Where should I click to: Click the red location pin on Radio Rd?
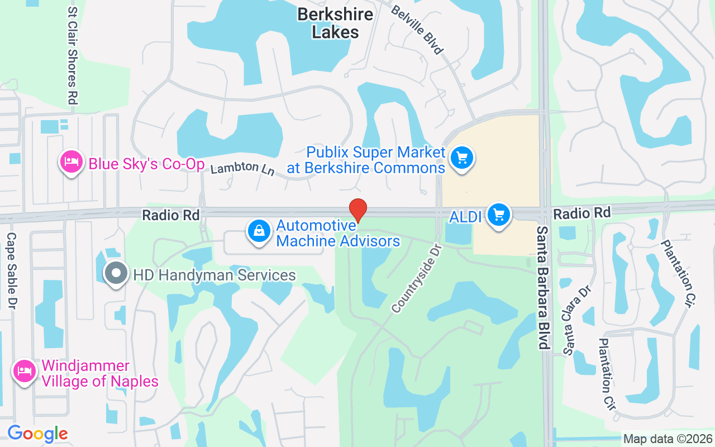(x=358, y=210)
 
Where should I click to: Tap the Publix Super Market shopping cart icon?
(x=461, y=158)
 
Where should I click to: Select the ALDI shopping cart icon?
(x=499, y=215)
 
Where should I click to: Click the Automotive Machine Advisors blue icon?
(x=259, y=230)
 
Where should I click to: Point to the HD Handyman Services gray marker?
(x=116, y=274)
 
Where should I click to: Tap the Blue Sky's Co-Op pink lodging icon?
(x=71, y=163)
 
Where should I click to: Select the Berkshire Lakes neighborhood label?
(x=335, y=23)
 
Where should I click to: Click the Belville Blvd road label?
(x=417, y=30)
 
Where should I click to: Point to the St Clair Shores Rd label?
(x=72, y=56)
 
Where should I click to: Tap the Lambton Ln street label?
(x=242, y=168)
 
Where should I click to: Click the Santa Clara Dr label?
(x=577, y=321)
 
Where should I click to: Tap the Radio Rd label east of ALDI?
(x=581, y=212)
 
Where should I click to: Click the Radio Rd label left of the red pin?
(x=170, y=215)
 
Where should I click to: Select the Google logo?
(x=37, y=434)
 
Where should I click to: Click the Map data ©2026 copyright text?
(x=668, y=439)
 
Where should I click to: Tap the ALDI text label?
(x=465, y=217)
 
